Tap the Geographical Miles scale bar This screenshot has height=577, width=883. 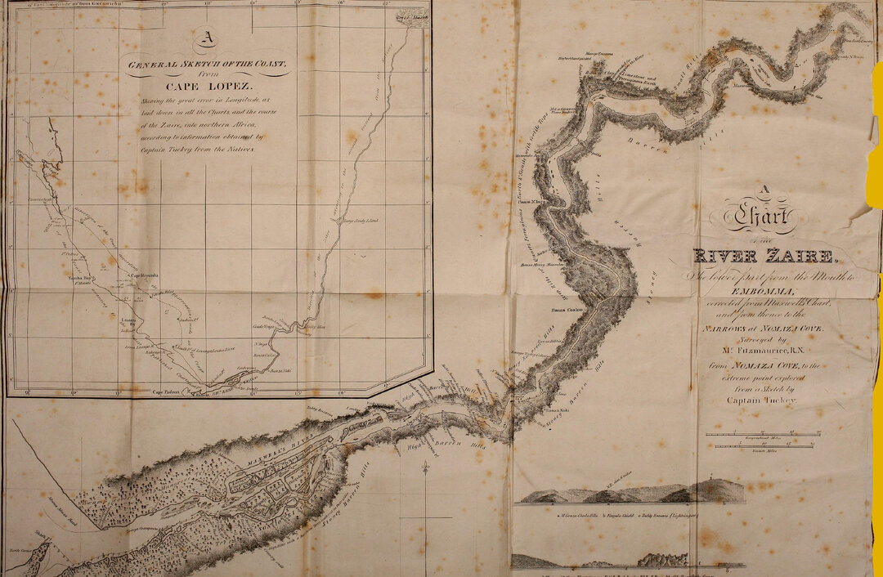(x=762, y=434)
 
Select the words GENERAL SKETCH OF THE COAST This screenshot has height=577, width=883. (x=207, y=63)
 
